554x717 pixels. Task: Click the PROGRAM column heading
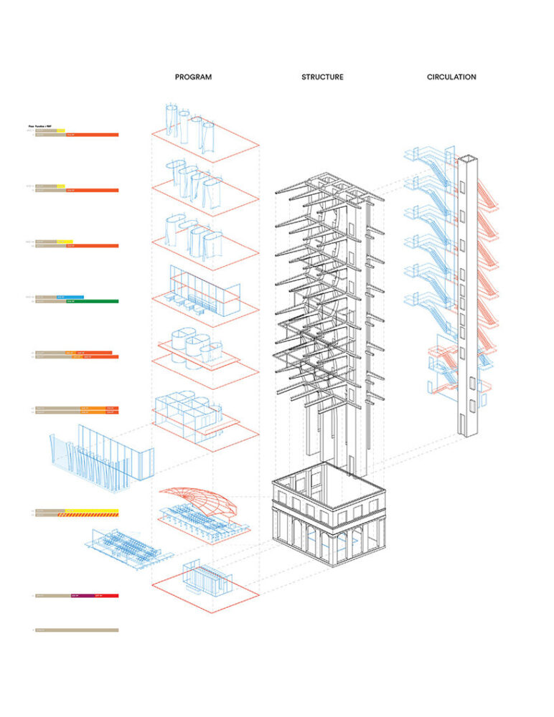tap(193, 77)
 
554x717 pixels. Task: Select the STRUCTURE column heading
tap(322, 77)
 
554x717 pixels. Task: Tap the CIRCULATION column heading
tap(451, 77)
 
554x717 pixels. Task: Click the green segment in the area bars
tap(92, 301)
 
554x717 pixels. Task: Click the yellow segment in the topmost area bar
tap(60, 130)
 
